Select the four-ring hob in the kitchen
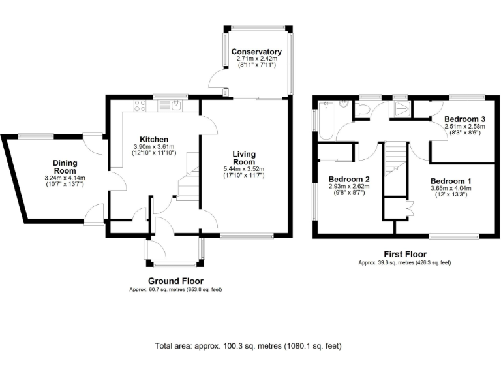point(140,105)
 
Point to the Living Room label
point(245,159)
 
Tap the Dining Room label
point(65,167)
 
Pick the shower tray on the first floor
point(401,108)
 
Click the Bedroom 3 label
point(464,119)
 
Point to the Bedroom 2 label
point(349,179)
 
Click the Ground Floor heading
point(175,281)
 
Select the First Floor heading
point(404,254)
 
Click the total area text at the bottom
point(248,346)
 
